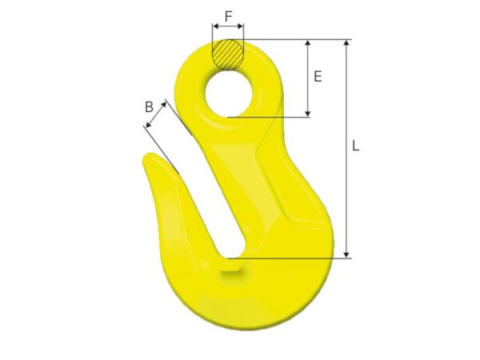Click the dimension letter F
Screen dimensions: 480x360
coord(228,17)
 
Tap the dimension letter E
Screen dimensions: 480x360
coord(318,76)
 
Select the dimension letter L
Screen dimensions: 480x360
coord(355,146)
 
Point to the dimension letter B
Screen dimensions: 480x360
coord(149,107)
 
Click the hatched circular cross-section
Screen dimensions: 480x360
coord(228,55)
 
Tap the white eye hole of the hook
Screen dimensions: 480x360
coord(229,94)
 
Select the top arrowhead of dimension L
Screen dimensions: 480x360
coord(346,42)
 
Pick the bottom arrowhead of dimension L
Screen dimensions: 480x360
coord(346,254)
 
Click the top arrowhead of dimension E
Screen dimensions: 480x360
coord(308,42)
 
